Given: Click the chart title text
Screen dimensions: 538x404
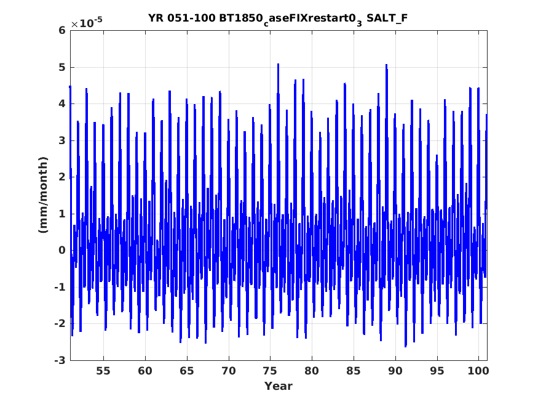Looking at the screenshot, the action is coord(277,18).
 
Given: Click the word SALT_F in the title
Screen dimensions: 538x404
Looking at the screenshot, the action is coord(387,18).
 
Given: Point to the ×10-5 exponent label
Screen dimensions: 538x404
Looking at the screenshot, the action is coord(87,22).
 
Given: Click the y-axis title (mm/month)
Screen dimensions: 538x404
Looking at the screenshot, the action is coord(43,195).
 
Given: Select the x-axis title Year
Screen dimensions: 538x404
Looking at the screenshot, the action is coord(279,386).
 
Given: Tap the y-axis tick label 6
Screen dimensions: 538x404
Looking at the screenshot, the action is coord(61,31).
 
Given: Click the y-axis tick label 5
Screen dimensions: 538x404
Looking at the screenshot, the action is coord(61,67).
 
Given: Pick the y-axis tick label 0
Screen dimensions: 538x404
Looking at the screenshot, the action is coord(61,250).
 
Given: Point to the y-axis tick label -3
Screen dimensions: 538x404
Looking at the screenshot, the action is coord(60,360).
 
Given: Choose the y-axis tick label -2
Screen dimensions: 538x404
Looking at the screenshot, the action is coord(60,323).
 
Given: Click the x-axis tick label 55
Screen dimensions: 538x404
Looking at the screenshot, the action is coord(103,371).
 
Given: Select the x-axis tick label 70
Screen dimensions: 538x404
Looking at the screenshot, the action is coord(229,371).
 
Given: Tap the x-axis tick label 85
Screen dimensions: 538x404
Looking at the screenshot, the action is coord(354,371).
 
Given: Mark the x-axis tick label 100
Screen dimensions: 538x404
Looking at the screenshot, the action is coord(478,371).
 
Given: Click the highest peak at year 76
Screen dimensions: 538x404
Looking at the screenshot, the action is coord(279,64).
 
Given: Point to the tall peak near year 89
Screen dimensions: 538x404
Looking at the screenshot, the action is coord(386,65).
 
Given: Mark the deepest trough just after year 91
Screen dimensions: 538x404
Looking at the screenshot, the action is coord(406,347).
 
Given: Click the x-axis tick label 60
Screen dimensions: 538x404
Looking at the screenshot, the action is coord(145,371).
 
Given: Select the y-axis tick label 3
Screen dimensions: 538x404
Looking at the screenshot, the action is coord(61,140).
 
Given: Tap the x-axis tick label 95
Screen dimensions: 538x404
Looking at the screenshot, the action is coord(437,371).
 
